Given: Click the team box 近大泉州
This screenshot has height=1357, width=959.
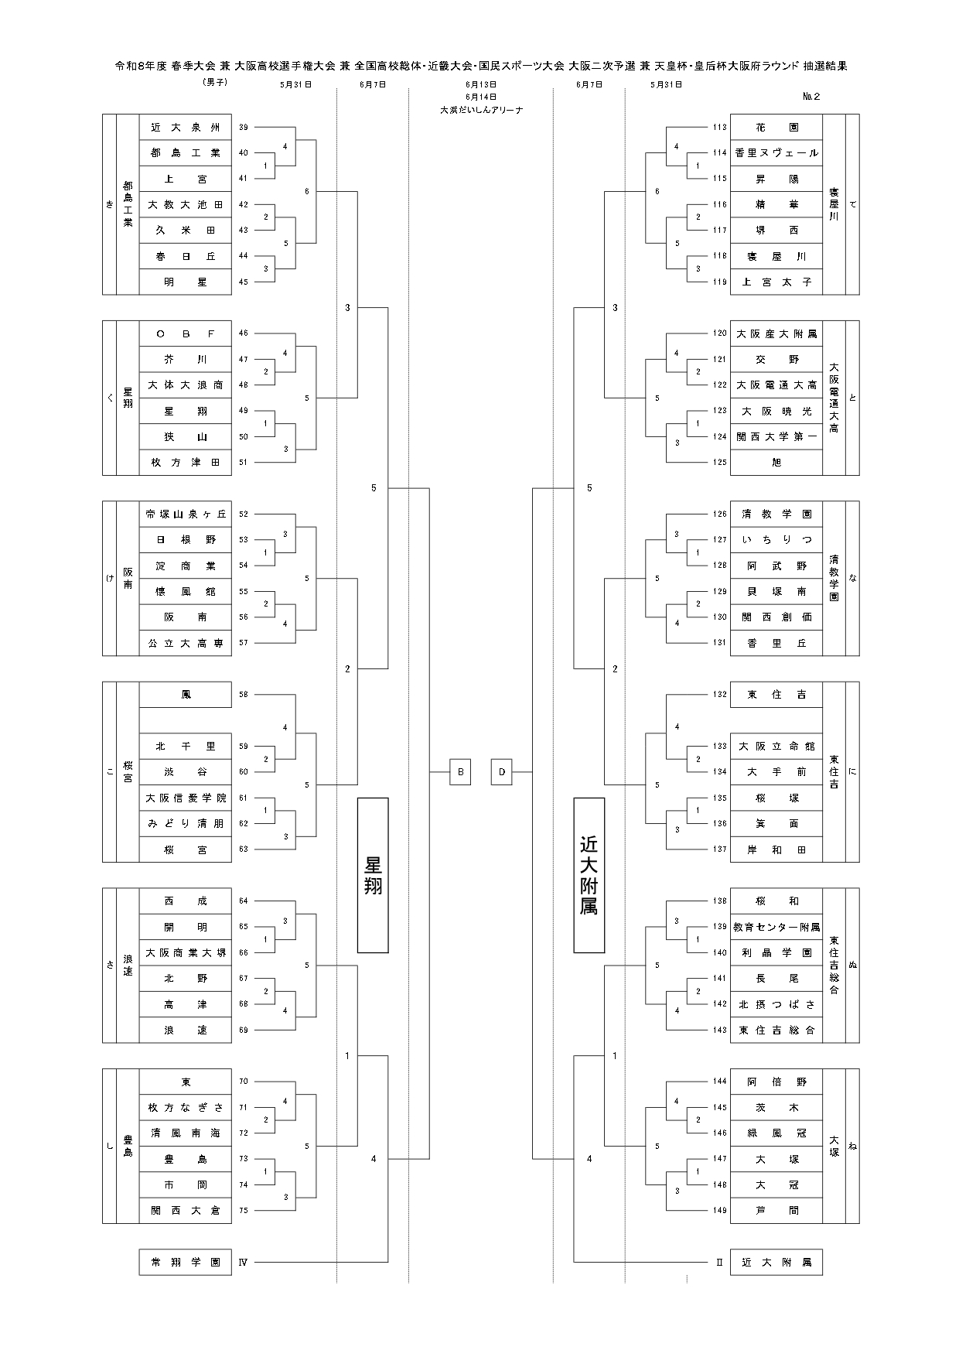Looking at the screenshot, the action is pos(186,127).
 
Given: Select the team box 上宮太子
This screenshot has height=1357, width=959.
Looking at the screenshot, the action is pos(776,282).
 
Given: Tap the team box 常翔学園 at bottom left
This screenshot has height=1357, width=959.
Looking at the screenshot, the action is pos(186,1262).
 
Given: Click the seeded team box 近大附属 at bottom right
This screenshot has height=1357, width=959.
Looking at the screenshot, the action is pos(776,1262).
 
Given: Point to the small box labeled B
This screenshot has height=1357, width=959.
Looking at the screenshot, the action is pos(460,772).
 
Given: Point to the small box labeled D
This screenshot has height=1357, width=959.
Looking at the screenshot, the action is pos(502,772).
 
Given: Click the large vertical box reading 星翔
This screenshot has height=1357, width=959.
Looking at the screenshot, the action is pos(373,875).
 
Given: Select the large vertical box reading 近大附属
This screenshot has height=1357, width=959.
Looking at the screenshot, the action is pos(589,875).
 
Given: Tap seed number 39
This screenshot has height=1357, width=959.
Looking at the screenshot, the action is pos(244,127).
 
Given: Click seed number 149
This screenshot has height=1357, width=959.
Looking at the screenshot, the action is pos(720,1210).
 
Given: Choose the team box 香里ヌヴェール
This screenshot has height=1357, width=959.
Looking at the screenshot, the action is pos(776,153).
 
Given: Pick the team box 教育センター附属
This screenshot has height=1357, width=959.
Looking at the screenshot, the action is pos(776,927).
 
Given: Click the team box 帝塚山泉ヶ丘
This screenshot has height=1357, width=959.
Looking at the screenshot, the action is pos(186,514).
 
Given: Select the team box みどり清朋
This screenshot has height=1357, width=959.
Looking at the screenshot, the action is pos(186,823).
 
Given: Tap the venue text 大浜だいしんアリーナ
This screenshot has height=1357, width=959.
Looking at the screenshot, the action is pos(481,110).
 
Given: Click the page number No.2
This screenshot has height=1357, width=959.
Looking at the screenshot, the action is pos(811,97).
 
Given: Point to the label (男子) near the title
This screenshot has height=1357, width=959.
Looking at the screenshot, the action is pos(214,82).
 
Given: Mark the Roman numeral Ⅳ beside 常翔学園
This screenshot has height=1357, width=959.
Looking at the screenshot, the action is pos(243,1262).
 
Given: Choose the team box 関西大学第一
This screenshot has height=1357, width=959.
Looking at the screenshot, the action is pos(776,436).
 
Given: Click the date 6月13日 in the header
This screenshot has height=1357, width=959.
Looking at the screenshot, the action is pos(481,84).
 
